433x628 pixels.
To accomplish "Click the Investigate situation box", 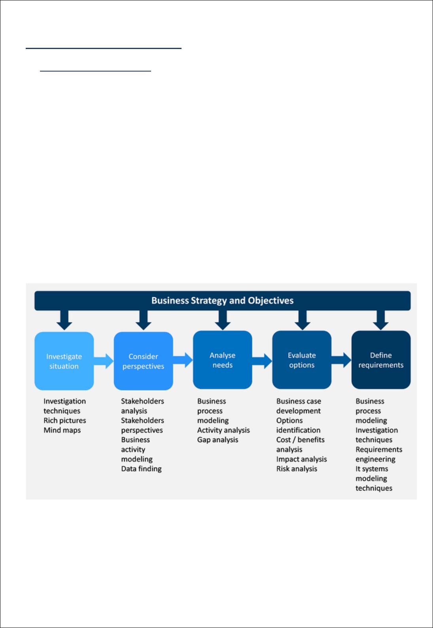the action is pos(64,361).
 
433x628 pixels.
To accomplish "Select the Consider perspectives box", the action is pos(143,361).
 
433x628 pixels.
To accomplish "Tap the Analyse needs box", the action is pos(222,360).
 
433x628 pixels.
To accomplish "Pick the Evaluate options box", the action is pos(302,360).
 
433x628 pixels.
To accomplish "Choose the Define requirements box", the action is pos(381,360).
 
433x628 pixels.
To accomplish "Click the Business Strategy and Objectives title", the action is pos(222,300).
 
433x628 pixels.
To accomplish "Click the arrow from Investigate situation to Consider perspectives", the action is pos(104,361).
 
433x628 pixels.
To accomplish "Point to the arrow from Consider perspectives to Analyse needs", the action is pos(183,360).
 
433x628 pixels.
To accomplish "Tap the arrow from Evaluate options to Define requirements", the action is pos(341,360).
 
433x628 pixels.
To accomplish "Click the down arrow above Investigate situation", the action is pos(64,320).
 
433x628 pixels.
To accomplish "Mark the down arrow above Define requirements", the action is pos(380,320).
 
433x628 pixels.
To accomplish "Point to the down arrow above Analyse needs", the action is pos(223,320).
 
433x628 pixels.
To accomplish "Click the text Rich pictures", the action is pos(65,421).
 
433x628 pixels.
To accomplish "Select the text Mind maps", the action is pos(62,430).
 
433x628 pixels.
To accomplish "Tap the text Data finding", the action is pos(141,469).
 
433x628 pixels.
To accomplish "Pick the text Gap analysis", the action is pos(217,440).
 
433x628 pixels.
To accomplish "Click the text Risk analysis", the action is pos(297,469).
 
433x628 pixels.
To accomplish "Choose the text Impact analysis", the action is pos(301,459).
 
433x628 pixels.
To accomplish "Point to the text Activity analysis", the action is pos(223,430).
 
